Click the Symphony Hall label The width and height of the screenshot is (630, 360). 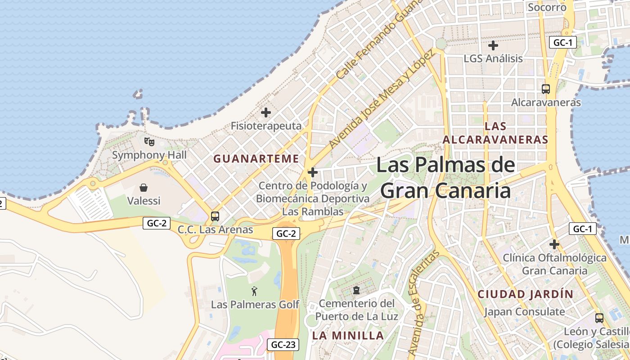149,155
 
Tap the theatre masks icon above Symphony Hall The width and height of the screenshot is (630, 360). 149,142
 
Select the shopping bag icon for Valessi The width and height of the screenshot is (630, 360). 144,187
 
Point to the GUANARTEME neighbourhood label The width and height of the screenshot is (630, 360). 256,159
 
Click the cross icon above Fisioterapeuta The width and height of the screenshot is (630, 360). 266,112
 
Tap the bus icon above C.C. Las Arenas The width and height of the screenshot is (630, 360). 215,216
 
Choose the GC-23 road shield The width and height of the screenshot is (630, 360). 284,345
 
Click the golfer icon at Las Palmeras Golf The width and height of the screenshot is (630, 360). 254,291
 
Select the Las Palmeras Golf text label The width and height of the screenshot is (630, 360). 255,305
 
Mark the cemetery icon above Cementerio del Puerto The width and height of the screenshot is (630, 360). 356,290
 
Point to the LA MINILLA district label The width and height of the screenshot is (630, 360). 348,336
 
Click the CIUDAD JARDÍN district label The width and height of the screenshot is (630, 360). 525,294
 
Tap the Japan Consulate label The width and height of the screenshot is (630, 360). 524,311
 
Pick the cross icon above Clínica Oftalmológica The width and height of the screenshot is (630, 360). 554,244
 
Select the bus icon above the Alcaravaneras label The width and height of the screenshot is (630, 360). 546,89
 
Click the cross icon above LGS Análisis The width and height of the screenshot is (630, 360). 493,45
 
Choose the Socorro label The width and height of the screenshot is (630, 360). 547,7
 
